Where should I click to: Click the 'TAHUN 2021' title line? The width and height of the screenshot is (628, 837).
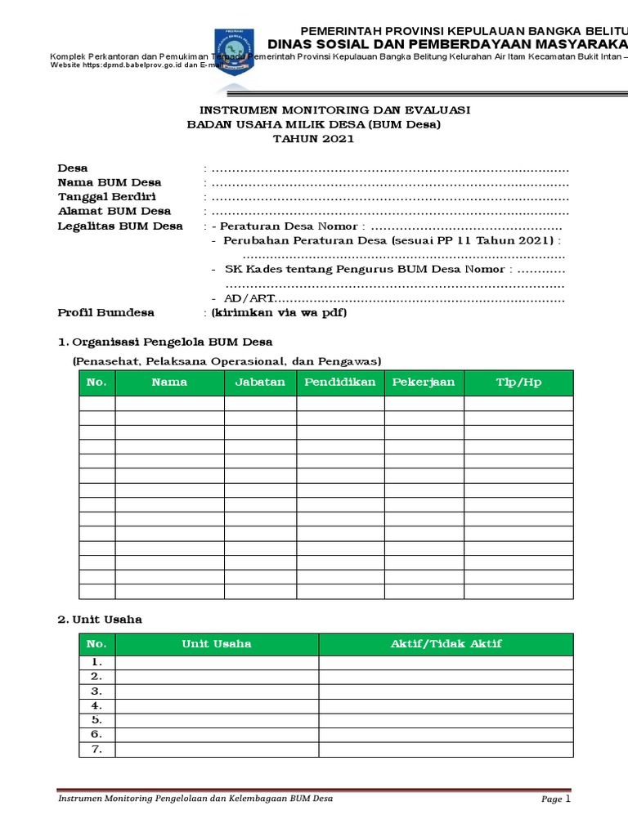314,139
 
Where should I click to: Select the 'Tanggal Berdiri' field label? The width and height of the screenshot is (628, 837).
107,197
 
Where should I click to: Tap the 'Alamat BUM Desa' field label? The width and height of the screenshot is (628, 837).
114,212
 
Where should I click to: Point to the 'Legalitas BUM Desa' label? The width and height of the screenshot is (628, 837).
120,226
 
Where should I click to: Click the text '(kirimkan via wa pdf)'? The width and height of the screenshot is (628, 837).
279,313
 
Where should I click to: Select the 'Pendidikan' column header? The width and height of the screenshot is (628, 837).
340,383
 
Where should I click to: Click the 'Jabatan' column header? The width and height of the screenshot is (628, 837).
260,383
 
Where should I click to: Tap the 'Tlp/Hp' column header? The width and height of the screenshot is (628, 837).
518,383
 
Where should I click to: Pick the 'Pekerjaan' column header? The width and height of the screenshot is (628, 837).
424,383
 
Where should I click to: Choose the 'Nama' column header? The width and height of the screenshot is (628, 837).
169,383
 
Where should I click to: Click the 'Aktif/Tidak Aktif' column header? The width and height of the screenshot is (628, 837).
446,644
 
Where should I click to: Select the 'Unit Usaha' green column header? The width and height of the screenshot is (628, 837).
217,644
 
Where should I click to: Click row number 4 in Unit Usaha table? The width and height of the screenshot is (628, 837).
96,705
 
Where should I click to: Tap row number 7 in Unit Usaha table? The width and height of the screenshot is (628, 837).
96,750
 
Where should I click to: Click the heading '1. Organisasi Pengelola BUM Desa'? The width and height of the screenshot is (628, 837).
165,342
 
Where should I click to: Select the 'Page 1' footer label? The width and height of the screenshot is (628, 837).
555,799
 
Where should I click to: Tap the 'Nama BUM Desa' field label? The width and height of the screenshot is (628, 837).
110,182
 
